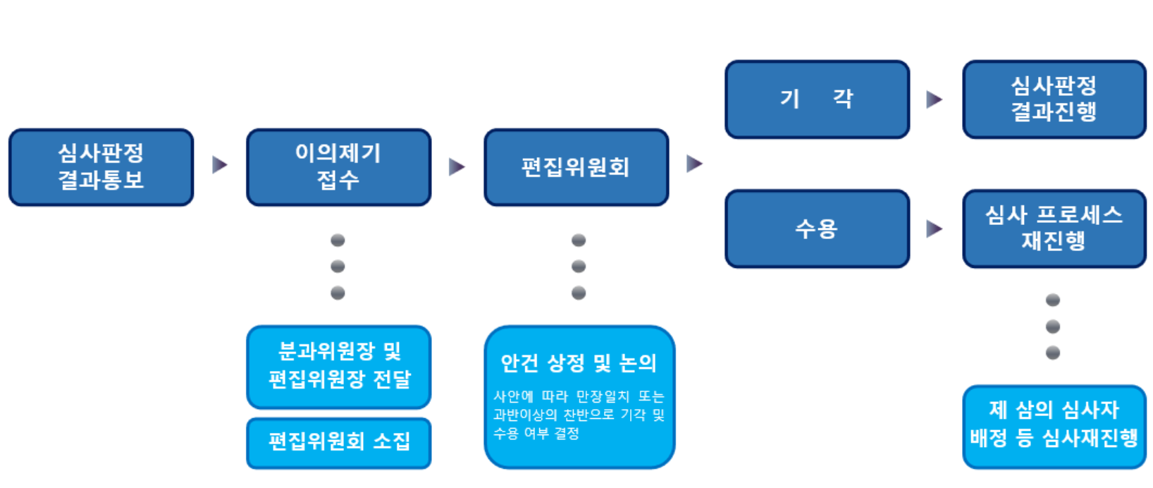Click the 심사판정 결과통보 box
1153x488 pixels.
click(x=101, y=167)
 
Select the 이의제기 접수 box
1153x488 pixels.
click(x=339, y=167)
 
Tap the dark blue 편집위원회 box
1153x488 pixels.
click(x=576, y=167)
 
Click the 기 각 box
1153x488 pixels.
click(x=818, y=99)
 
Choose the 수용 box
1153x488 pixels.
click(x=818, y=228)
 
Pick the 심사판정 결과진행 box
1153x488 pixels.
click(x=1055, y=99)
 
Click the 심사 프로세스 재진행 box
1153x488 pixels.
click(x=1055, y=228)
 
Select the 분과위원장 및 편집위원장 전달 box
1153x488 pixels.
click(x=339, y=367)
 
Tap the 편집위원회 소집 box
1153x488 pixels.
click(x=339, y=443)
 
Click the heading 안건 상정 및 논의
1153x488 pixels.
click(x=579, y=363)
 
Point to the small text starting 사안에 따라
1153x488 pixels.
click(x=579, y=415)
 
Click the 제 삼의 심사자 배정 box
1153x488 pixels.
click(x=1055, y=427)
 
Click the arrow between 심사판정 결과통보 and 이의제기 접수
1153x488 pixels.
click(x=220, y=165)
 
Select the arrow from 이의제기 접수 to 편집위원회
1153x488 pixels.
click(x=457, y=167)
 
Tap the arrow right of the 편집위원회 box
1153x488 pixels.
click(x=694, y=164)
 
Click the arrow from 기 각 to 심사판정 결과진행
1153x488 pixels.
click(x=935, y=99)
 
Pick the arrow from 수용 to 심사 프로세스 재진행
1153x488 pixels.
click(x=935, y=228)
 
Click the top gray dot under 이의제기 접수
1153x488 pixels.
click(x=338, y=240)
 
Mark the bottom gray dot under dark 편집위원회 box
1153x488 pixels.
click(x=579, y=293)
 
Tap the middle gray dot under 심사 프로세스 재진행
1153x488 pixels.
click(x=1053, y=327)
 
